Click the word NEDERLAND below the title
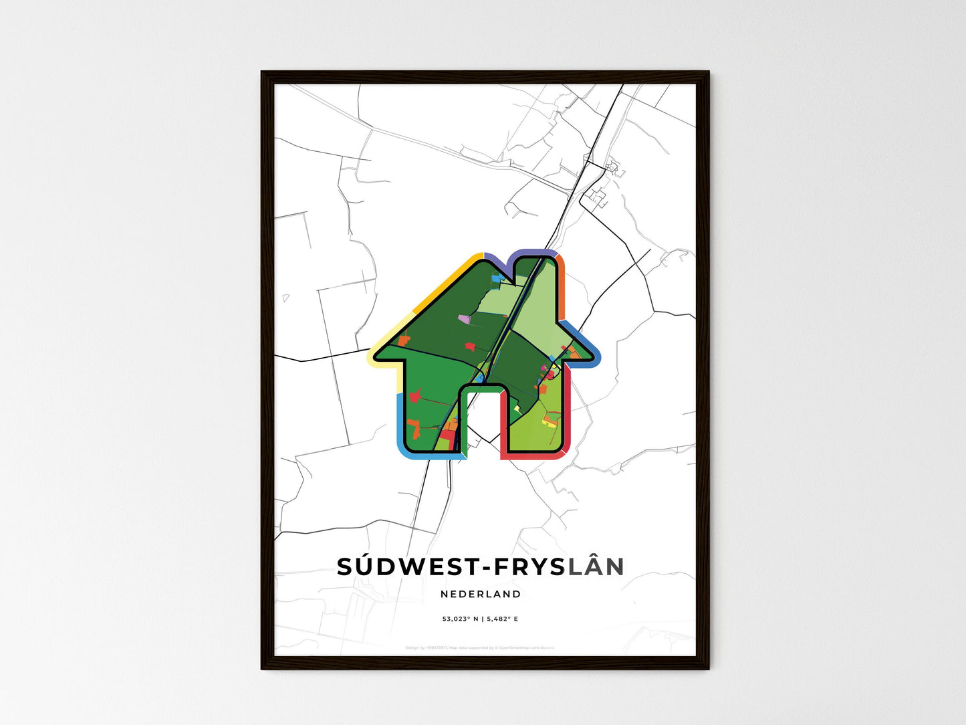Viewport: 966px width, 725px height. click(481, 594)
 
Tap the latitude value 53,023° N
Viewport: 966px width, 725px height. click(460, 619)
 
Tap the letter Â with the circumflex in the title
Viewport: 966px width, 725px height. click(592, 566)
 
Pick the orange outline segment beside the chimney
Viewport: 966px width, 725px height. click(563, 288)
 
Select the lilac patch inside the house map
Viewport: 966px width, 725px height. click(463, 320)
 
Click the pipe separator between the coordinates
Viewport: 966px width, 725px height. click(483, 619)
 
